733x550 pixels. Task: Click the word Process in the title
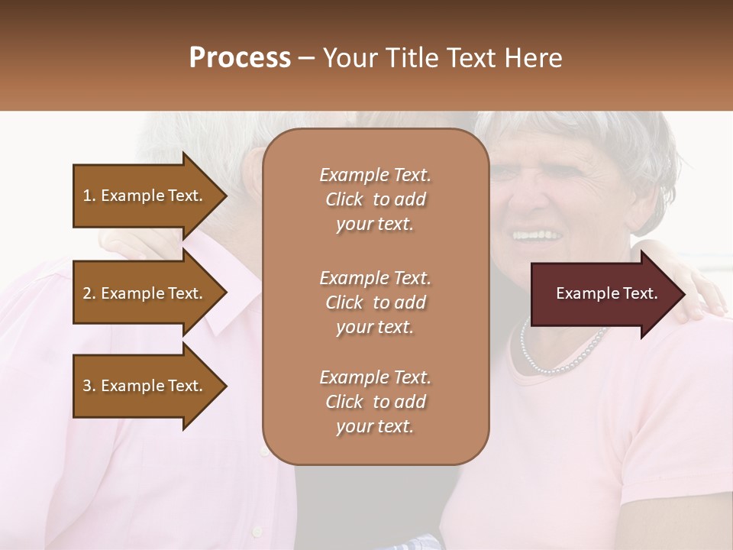[240, 58]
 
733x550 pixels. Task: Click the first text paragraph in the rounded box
[375, 199]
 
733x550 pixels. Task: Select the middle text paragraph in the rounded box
[375, 302]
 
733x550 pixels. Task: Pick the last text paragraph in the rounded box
[375, 402]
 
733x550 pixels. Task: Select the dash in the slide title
[307, 59]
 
